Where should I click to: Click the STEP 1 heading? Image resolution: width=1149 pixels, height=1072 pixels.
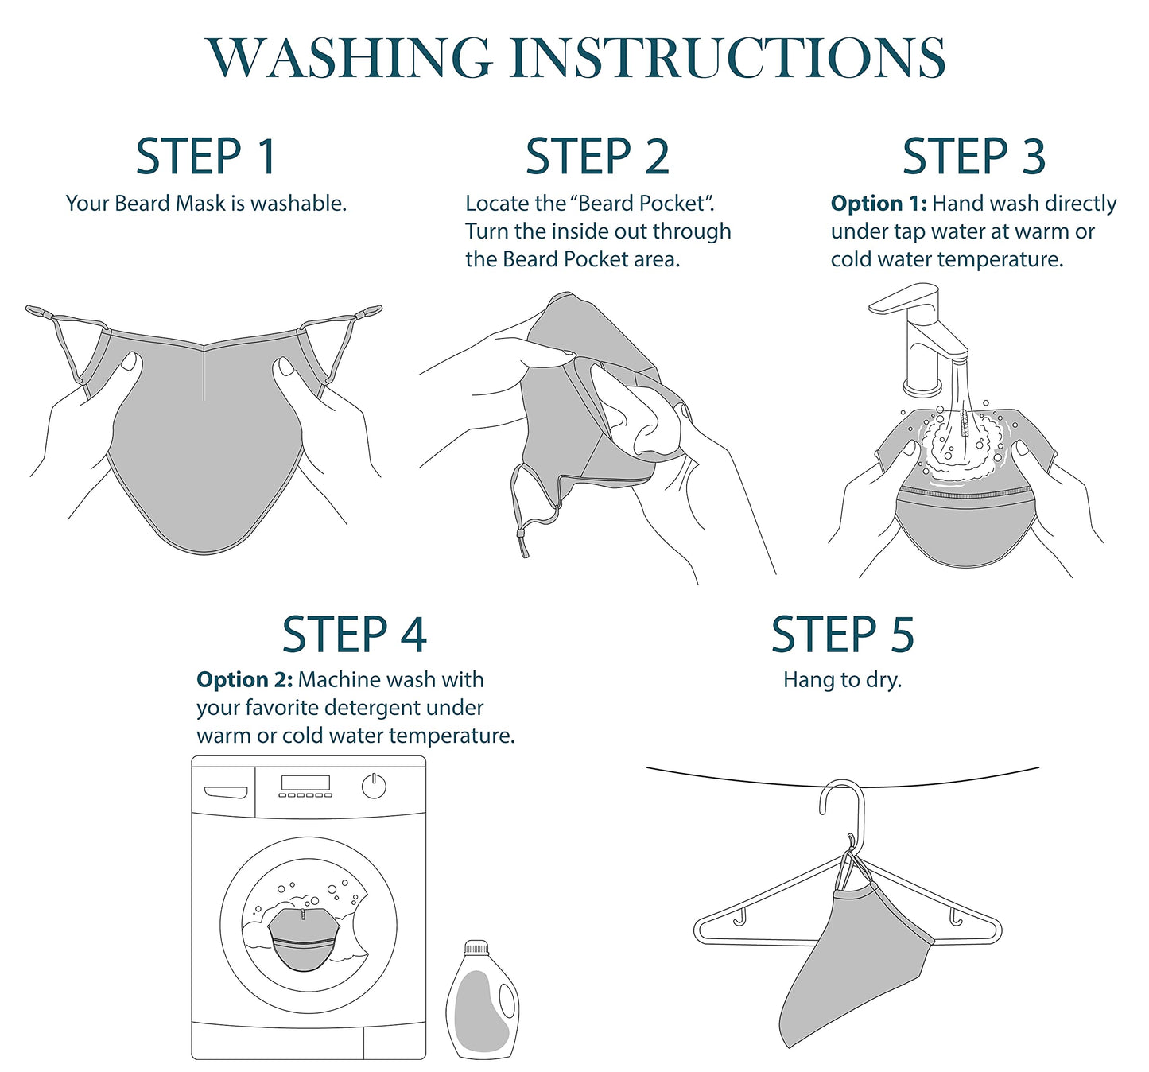tap(206, 157)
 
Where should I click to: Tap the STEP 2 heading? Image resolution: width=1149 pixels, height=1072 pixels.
tap(598, 157)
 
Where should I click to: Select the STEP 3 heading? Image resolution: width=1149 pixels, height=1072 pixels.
tap(974, 157)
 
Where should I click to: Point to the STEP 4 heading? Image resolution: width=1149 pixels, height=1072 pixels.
tap(354, 635)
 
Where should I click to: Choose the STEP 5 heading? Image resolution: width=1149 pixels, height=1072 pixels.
tap(843, 635)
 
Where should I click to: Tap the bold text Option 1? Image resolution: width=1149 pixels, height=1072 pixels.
tap(879, 204)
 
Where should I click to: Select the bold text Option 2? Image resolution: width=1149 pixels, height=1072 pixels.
tap(245, 680)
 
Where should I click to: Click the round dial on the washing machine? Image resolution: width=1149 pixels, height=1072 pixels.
tap(374, 786)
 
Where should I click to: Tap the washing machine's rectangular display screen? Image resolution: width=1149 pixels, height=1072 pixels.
tap(305, 783)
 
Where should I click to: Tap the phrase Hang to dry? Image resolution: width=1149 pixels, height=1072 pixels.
tap(842, 680)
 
